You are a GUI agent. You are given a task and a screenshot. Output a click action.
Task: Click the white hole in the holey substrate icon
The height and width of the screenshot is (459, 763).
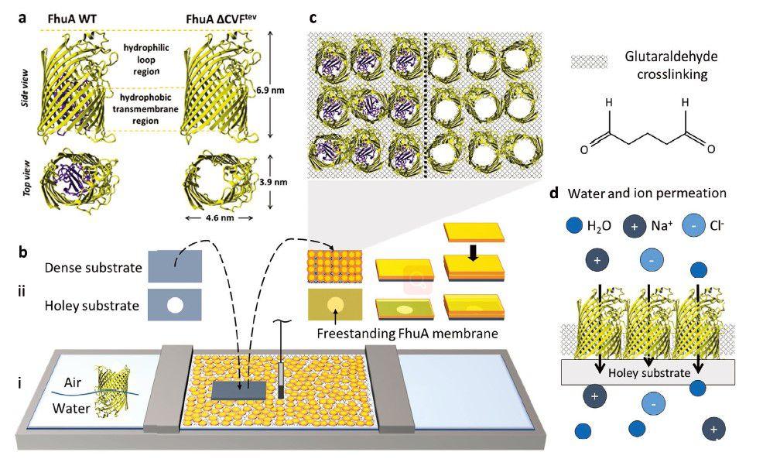coord(175,305)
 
